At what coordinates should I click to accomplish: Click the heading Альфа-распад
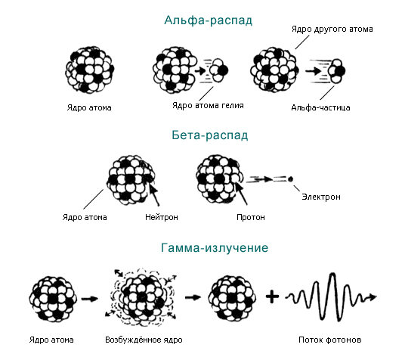209,20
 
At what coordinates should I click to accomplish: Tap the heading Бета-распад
210,135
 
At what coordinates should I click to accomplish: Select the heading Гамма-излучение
215,248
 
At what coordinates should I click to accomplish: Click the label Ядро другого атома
332,29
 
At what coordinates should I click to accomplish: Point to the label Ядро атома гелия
208,105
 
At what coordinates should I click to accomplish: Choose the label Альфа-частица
320,107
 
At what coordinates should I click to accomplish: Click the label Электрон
321,197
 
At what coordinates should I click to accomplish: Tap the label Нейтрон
162,217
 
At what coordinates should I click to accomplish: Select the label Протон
251,217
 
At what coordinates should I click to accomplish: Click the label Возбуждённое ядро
144,340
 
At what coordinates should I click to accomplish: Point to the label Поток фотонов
330,340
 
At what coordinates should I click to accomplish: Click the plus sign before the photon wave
272,297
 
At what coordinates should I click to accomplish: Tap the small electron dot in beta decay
290,179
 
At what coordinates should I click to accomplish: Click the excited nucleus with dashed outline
141,297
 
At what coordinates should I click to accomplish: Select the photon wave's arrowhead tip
376,296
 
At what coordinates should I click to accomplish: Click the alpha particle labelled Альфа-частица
336,70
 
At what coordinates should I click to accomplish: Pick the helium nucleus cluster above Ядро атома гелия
218,70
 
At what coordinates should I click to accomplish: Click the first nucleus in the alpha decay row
89,70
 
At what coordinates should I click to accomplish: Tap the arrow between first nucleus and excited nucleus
90,299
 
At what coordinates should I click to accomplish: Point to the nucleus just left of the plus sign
232,297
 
